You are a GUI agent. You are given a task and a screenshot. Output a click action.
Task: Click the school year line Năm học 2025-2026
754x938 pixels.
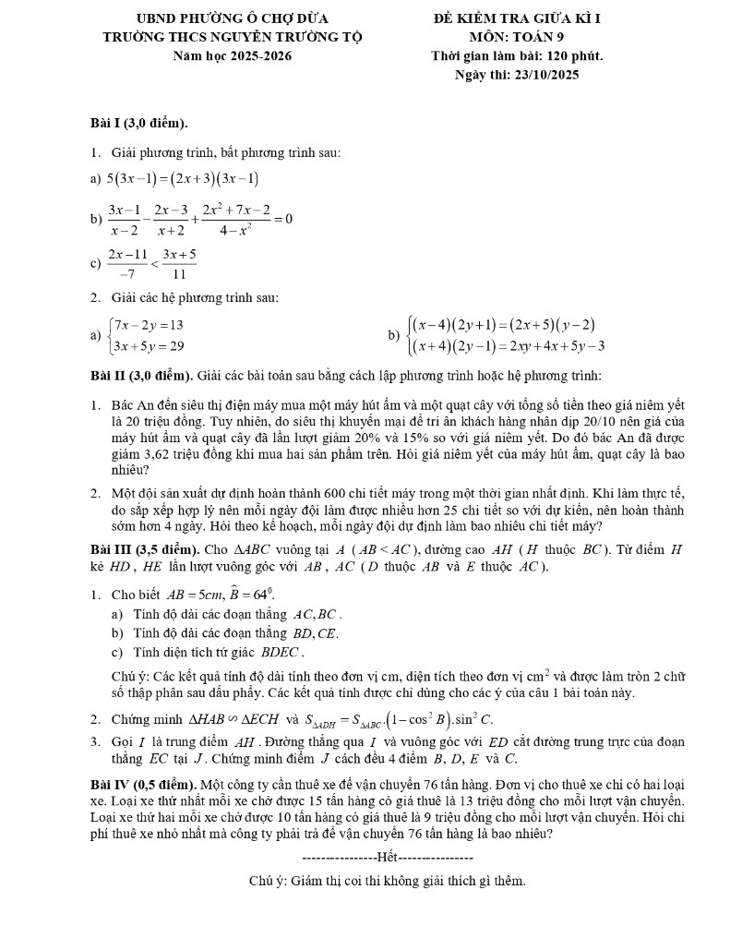pos(233,55)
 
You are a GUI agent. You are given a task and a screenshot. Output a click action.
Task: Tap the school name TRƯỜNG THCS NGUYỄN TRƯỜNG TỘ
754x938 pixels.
pos(233,37)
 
